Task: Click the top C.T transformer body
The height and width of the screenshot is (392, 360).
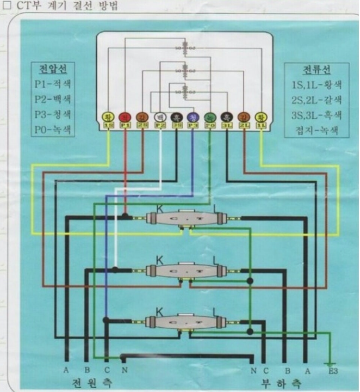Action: (x=186, y=219)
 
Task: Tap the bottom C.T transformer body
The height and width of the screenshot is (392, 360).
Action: (x=186, y=322)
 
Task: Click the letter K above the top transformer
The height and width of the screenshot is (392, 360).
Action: (x=159, y=207)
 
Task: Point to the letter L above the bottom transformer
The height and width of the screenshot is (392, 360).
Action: (x=216, y=310)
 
